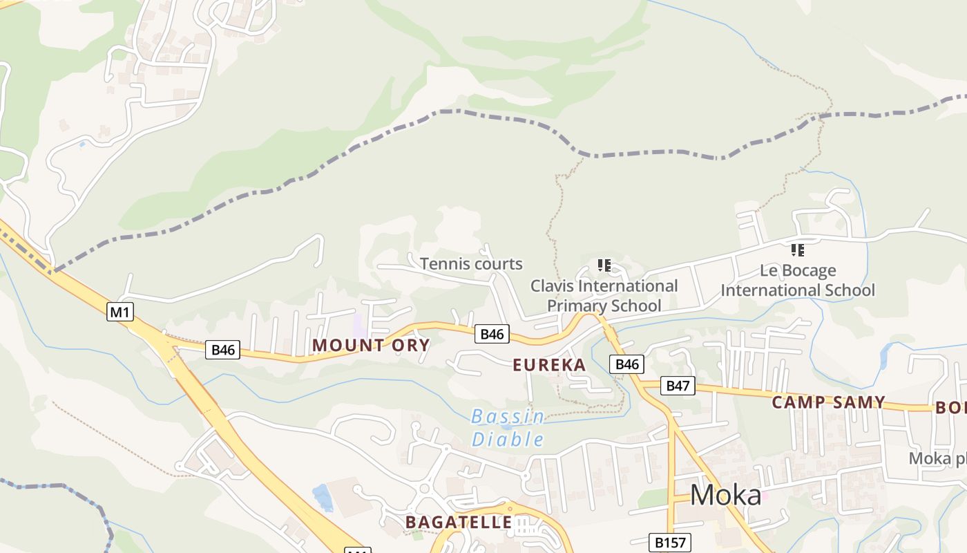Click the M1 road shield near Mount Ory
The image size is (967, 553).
(x=120, y=312)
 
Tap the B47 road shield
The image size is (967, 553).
(x=678, y=386)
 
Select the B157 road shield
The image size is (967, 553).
(x=670, y=543)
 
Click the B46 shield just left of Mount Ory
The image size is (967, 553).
(x=223, y=350)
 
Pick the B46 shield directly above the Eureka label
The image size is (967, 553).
(x=492, y=334)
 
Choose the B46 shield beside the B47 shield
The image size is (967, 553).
(x=626, y=364)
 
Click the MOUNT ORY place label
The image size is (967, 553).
(x=372, y=345)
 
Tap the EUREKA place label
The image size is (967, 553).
(x=549, y=365)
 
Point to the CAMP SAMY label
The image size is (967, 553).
(x=828, y=402)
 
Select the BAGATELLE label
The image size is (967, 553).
(x=459, y=522)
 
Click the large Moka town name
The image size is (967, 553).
(x=725, y=495)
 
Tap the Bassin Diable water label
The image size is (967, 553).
(x=508, y=428)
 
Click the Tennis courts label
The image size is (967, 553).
(x=471, y=263)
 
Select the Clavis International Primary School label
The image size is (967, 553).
(x=604, y=295)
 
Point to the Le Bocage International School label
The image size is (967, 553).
(x=798, y=280)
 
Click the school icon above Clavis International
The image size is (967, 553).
(x=604, y=265)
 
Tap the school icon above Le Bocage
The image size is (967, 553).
(x=798, y=250)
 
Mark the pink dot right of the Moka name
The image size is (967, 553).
(x=765, y=496)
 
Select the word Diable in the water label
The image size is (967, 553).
(x=508, y=440)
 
